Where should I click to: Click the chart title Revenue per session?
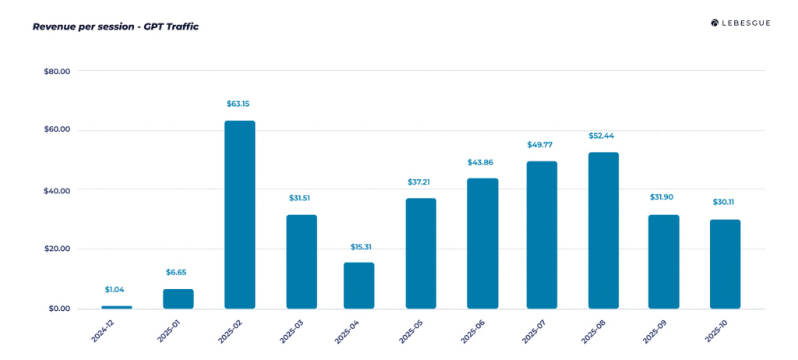point(115,26)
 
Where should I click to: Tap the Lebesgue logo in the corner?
point(740,23)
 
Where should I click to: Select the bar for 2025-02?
point(239,214)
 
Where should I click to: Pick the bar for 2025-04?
point(358,285)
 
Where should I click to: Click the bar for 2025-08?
point(603,230)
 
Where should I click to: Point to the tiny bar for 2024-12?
point(116,307)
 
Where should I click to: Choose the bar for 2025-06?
point(482,243)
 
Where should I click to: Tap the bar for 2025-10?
point(725,263)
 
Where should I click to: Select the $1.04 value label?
point(116,289)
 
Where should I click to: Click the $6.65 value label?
point(177,272)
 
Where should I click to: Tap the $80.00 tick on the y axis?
point(57,71)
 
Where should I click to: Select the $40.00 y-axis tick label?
point(57,190)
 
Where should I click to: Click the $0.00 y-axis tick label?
point(59,309)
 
